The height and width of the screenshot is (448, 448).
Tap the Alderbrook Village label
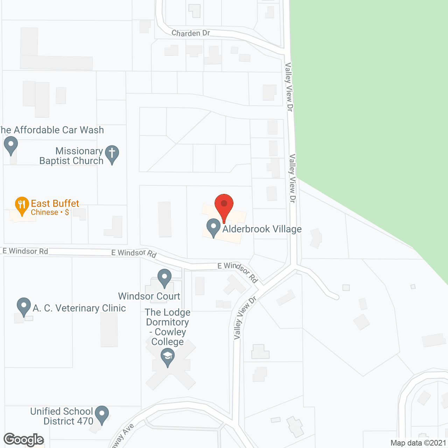pyautogui.click(x=262, y=229)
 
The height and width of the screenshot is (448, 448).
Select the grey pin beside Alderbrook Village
pyautogui.click(x=213, y=227)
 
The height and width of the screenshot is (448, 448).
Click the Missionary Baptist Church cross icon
pyautogui.click(x=112, y=154)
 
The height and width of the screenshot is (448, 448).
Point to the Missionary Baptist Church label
pyautogui.click(x=72, y=156)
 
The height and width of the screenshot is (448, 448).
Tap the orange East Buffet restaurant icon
pyautogui.click(x=22, y=205)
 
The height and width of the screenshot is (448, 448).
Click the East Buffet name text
pyautogui.click(x=55, y=203)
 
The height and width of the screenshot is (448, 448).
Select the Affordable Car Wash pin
pyautogui.click(x=11, y=145)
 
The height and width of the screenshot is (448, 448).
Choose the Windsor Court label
pyautogui.click(x=149, y=296)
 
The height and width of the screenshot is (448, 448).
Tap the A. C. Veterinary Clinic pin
pyautogui.click(x=24, y=306)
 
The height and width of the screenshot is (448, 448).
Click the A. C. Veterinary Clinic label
pyautogui.click(x=79, y=308)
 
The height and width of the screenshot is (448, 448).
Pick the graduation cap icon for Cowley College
pyautogui.click(x=168, y=358)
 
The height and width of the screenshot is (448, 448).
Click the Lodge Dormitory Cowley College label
pyautogui.click(x=168, y=327)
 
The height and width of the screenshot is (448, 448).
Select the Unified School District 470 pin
pyautogui.click(x=101, y=414)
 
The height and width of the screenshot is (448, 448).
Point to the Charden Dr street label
pyautogui.click(x=191, y=33)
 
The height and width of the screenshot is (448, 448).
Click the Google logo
pyautogui.click(x=24, y=440)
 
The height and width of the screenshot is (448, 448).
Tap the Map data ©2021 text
pyautogui.click(x=418, y=443)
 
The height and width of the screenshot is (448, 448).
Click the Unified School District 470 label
pyautogui.click(x=62, y=416)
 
